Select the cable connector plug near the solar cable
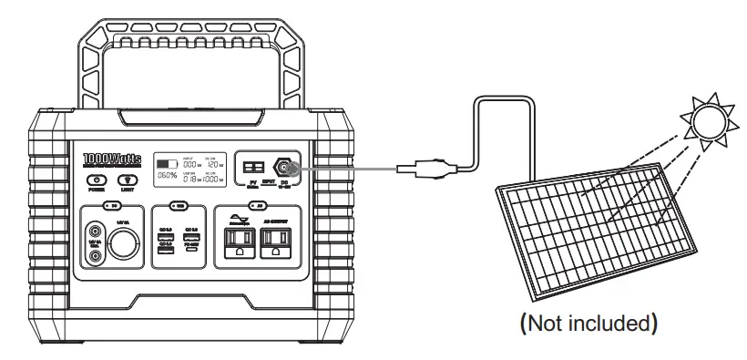point(425,167)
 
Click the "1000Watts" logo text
point(111,159)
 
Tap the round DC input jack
point(284,167)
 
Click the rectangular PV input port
point(251,168)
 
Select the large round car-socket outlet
point(124,245)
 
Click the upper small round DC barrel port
point(95,230)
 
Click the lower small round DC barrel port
point(95,258)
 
